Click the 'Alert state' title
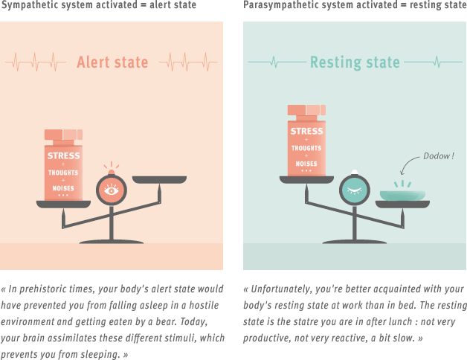(x=112, y=62)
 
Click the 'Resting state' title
(x=355, y=62)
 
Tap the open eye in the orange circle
(x=112, y=190)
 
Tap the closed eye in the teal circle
(x=354, y=190)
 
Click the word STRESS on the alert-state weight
(x=63, y=155)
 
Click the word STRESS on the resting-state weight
(x=306, y=132)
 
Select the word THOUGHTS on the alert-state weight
(x=63, y=173)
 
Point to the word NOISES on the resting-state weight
(x=306, y=163)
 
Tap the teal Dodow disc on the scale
(x=402, y=196)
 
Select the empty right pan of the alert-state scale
(x=159, y=179)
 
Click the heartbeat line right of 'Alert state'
(x=187, y=61)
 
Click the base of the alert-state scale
(x=112, y=241)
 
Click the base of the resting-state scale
(x=354, y=241)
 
